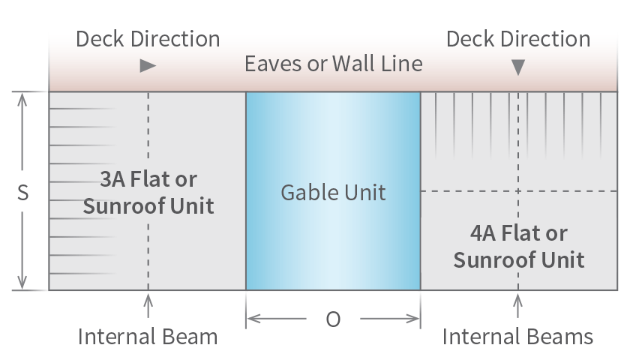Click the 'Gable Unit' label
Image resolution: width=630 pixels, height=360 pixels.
[x=333, y=193]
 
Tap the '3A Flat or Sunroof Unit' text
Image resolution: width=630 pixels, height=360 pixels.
[x=148, y=193]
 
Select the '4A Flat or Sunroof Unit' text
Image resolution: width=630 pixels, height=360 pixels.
[x=518, y=247]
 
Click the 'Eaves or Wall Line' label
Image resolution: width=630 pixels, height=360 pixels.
[x=333, y=64]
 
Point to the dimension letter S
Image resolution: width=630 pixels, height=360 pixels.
[x=22, y=193]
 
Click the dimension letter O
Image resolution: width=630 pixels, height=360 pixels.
[x=333, y=319]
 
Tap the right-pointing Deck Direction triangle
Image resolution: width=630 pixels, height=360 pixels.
[x=148, y=66]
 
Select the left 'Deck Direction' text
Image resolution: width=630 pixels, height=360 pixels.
[x=148, y=39]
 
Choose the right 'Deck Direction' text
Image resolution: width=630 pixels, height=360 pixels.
[x=518, y=39]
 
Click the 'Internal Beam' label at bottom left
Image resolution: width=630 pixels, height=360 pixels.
[x=148, y=337]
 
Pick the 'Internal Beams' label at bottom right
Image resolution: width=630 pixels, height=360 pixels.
[x=518, y=337]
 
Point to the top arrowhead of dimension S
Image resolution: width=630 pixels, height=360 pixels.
[x=22, y=98]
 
